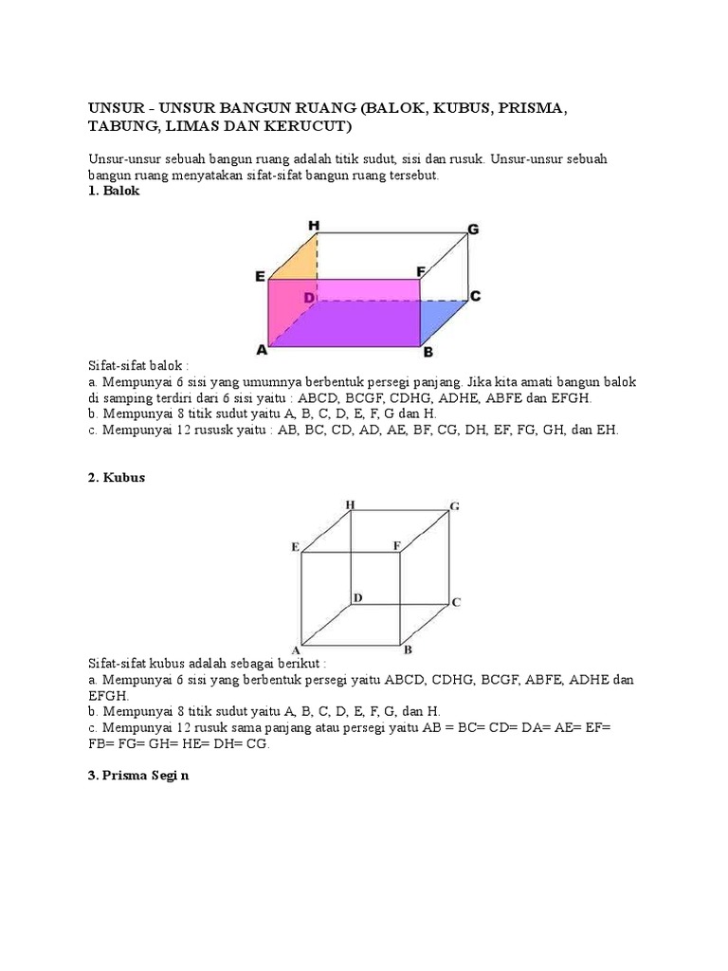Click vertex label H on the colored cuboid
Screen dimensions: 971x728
[314, 225]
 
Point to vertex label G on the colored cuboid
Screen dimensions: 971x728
[473, 229]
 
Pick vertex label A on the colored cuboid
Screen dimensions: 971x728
[262, 350]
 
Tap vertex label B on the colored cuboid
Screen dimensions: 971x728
[428, 352]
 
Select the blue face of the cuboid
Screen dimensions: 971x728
[442, 319]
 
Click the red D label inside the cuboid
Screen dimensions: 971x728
[308, 298]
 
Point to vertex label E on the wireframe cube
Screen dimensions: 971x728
[296, 547]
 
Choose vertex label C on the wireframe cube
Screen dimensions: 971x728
[456, 602]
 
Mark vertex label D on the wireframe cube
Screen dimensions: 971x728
[357, 597]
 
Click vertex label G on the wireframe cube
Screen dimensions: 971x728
[455, 506]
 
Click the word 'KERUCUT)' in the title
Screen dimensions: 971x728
[315, 126]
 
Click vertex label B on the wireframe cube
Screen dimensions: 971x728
[408, 650]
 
